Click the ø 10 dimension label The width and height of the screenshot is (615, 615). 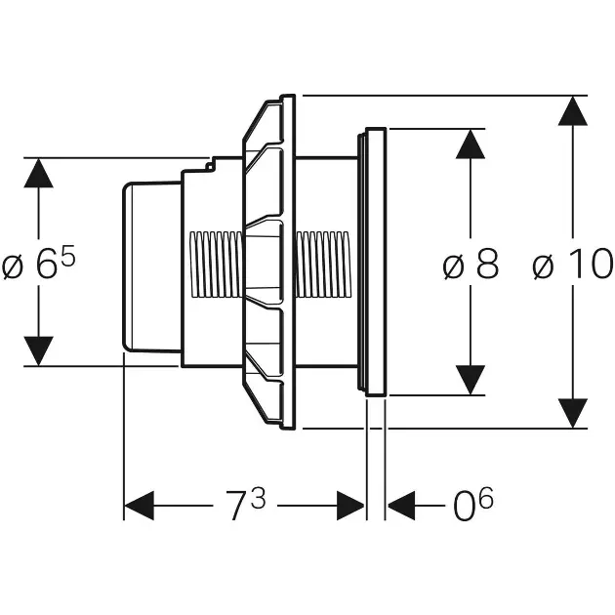(x=573, y=265)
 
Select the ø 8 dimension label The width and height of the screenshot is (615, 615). (x=471, y=265)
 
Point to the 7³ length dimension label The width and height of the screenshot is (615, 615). (x=245, y=506)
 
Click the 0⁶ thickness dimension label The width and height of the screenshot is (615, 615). (x=472, y=506)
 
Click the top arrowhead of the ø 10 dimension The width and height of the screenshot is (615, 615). (x=573, y=111)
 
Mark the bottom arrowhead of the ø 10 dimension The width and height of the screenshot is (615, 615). (x=573, y=412)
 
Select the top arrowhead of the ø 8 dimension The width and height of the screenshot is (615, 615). (x=471, y=144)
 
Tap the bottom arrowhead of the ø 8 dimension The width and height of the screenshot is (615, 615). (x=471, y=379)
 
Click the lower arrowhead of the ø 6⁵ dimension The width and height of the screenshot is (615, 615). (x=38, y=350)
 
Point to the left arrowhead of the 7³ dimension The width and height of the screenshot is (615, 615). (x=140, y=506)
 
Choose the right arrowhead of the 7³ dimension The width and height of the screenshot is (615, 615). (x=350, y=506)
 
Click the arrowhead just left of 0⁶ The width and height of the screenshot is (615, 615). (x=401, y=506)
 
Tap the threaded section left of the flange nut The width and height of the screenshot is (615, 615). (x=214, y=262)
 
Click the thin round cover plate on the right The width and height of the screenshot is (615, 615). (x=376, y=262)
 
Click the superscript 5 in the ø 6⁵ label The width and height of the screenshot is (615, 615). (x=68, y=256)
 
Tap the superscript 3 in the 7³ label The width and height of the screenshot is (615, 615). (x=258, y=497)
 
